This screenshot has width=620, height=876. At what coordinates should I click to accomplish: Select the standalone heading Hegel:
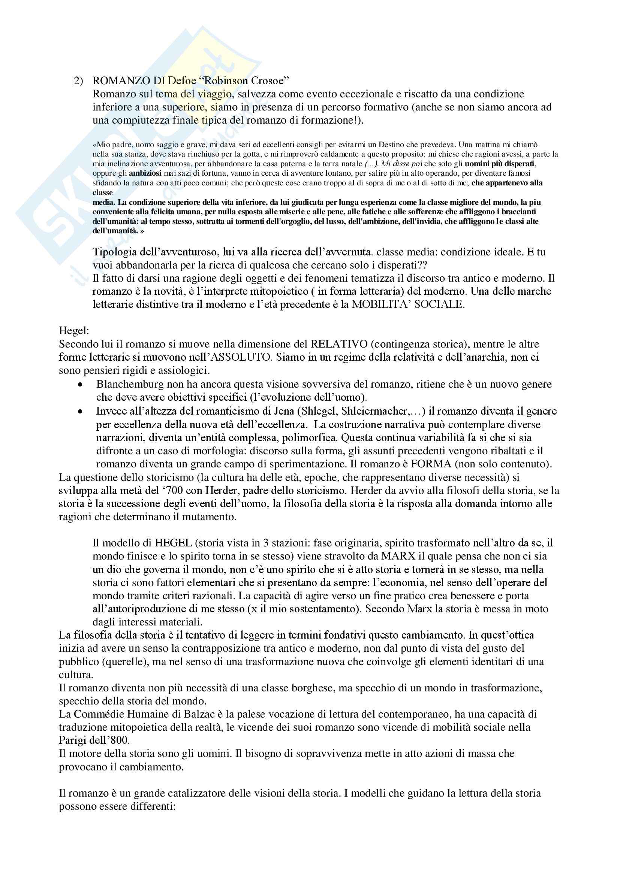(x=74, y=330)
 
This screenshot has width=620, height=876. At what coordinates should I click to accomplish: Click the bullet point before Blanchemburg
(x=80, y=385)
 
